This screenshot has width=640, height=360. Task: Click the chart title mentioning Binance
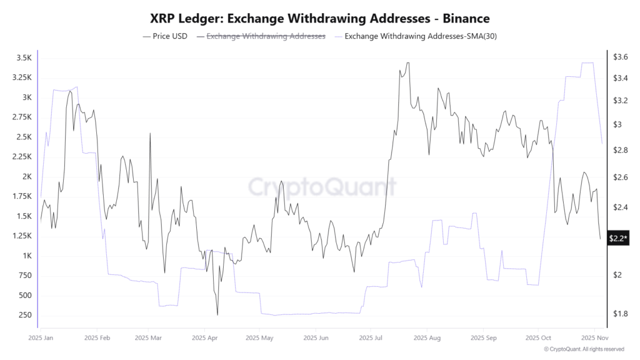click(x=320, y=19)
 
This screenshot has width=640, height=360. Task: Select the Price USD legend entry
click(x=165, y=36)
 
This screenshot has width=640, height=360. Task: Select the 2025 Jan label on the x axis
click(x=41, y=337)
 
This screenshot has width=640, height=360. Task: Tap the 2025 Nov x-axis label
click(x=592, y=337)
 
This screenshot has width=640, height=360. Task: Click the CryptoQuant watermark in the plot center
click(x=322, y=186)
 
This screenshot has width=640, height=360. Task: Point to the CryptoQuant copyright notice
click(x=584, y=349)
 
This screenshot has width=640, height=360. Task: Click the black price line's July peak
click(x=407, y=62)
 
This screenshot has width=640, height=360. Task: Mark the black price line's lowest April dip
click(x=217, y=315)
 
